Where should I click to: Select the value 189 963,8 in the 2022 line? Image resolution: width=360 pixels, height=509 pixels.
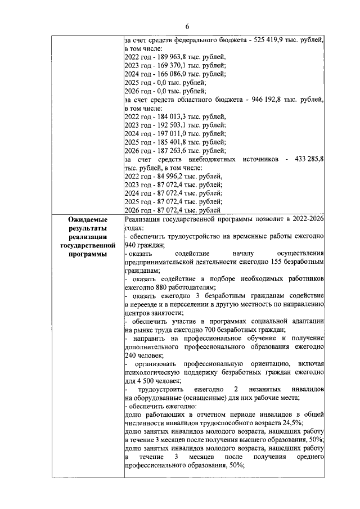pos(164,57)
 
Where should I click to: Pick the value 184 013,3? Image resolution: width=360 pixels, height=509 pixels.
pos(164,116)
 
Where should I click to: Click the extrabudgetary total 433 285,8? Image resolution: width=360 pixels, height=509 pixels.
pos(309,159)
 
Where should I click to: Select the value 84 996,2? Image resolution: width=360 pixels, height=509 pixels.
pos(162,176)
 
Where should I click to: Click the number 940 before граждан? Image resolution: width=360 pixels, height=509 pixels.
pos(130,245)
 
